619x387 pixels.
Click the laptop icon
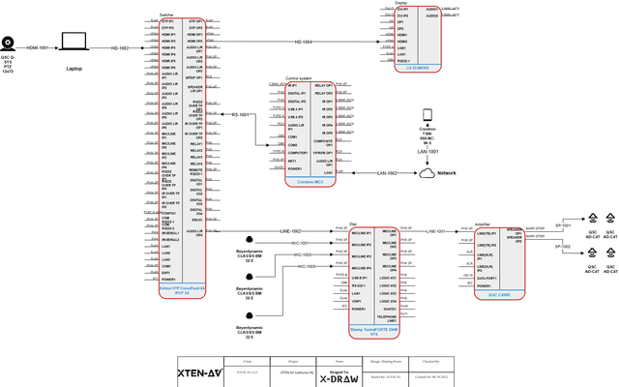tap(74, 42)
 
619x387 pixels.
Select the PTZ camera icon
tap(9, 43)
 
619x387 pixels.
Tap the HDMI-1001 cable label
tap(38, 46)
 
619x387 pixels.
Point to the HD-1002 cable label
tap(120, 46)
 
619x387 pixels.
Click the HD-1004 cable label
tap(303, 43)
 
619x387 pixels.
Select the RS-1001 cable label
tap(240, 115)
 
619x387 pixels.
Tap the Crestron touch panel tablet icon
tap(427, 115)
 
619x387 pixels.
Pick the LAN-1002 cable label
tap(386, 173)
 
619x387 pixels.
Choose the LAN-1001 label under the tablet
tap(427, 152)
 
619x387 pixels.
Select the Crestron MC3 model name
tap(309, 180)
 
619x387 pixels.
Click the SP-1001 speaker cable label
tap(566, 224)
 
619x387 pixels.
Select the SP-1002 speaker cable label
tap(566, 247)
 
